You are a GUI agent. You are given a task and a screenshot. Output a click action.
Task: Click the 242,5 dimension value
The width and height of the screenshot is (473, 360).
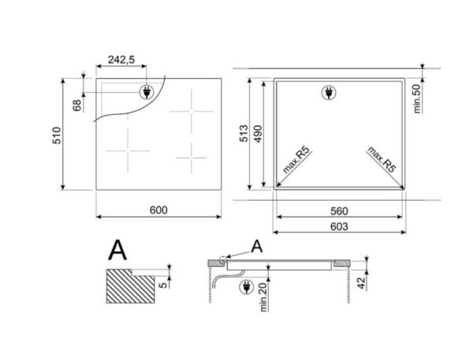[121, 60]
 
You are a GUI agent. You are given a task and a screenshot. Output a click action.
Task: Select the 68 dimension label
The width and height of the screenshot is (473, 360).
[77, 106]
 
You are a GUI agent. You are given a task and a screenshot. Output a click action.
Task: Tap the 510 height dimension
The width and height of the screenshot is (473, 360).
[57, 135]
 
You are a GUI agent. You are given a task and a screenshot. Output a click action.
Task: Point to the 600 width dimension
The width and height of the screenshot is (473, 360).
[158, 210]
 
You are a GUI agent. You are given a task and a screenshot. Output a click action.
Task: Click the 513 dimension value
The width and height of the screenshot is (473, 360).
[244, 133]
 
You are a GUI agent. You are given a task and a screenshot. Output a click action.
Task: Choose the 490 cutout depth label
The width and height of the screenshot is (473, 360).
[258, 134]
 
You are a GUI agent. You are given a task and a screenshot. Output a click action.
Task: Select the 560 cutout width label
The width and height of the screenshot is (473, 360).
[339, 211]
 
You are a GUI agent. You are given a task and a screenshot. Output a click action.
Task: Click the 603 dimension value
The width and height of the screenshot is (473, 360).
[339, 226]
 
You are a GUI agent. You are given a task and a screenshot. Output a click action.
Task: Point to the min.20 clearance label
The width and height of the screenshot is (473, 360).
[264, 297]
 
